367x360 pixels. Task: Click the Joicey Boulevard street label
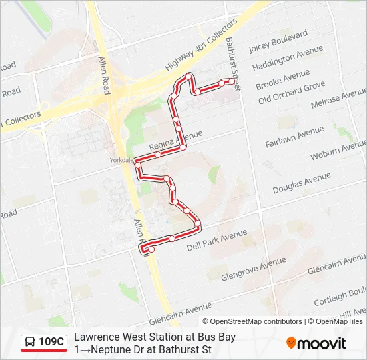click(278, 41)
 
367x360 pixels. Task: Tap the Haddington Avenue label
click(288, 59)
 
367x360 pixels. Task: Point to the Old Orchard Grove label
click(292, 93)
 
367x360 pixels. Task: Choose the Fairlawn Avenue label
click(294, 136)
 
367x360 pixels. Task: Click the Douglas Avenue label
click(302, 183)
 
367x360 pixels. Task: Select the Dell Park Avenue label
click(217, 241)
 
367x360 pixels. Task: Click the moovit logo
click(316, 343)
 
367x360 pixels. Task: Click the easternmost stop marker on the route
click(232, 81)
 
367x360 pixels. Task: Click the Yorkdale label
click(123, 160)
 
